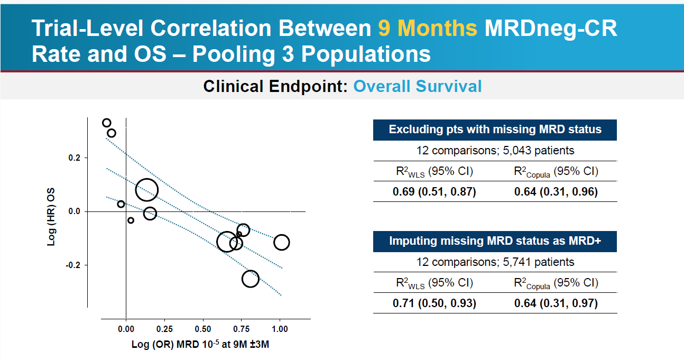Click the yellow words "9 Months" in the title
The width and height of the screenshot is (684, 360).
click(428, 29)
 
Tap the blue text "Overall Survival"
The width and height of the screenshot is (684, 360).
click(417, 86)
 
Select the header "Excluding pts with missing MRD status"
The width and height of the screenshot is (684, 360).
click(495, 130)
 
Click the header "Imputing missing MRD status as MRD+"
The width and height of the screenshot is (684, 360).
click(495, 241)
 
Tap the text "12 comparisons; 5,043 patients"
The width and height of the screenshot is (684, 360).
click(495, 150)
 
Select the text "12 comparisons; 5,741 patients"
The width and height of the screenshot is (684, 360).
click(495, 262)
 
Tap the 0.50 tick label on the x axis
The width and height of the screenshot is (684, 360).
click(202, 328)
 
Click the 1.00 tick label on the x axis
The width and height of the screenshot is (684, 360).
click(280, 328)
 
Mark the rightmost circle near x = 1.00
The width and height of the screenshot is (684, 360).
click(281, 242)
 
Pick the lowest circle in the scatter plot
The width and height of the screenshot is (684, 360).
click(251, 279)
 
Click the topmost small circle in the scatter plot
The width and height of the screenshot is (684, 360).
click(107, 123)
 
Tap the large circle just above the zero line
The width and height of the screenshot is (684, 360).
click(146, 190)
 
